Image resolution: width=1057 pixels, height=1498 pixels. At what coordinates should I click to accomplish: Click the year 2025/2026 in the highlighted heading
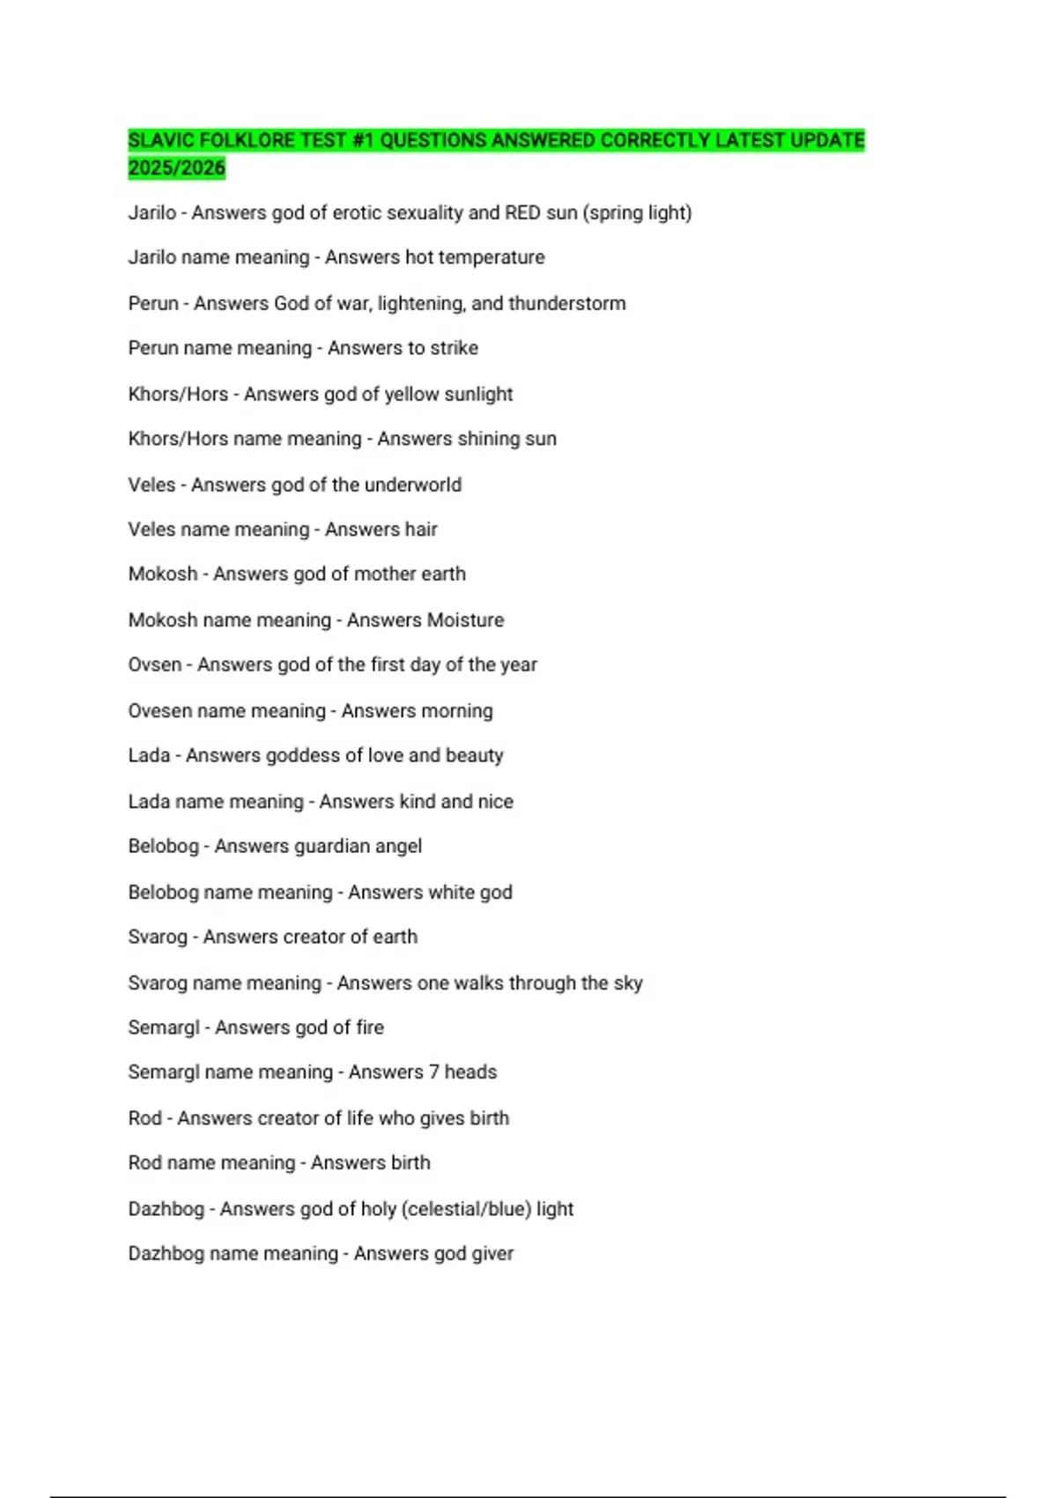(x=176, y=167)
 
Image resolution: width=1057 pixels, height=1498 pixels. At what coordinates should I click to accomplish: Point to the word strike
(x=455, y=348)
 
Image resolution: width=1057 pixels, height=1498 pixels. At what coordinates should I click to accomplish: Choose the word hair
(x=421, y=530)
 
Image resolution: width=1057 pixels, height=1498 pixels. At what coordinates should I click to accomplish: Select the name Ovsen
(x=155, y=664)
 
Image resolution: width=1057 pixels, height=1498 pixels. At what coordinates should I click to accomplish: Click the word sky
(x=628, y=983)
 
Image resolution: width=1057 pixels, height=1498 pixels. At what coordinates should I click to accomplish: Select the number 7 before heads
(x=432, y=1072)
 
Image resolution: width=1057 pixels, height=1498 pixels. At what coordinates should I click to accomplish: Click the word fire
(x=370, y=1027)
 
